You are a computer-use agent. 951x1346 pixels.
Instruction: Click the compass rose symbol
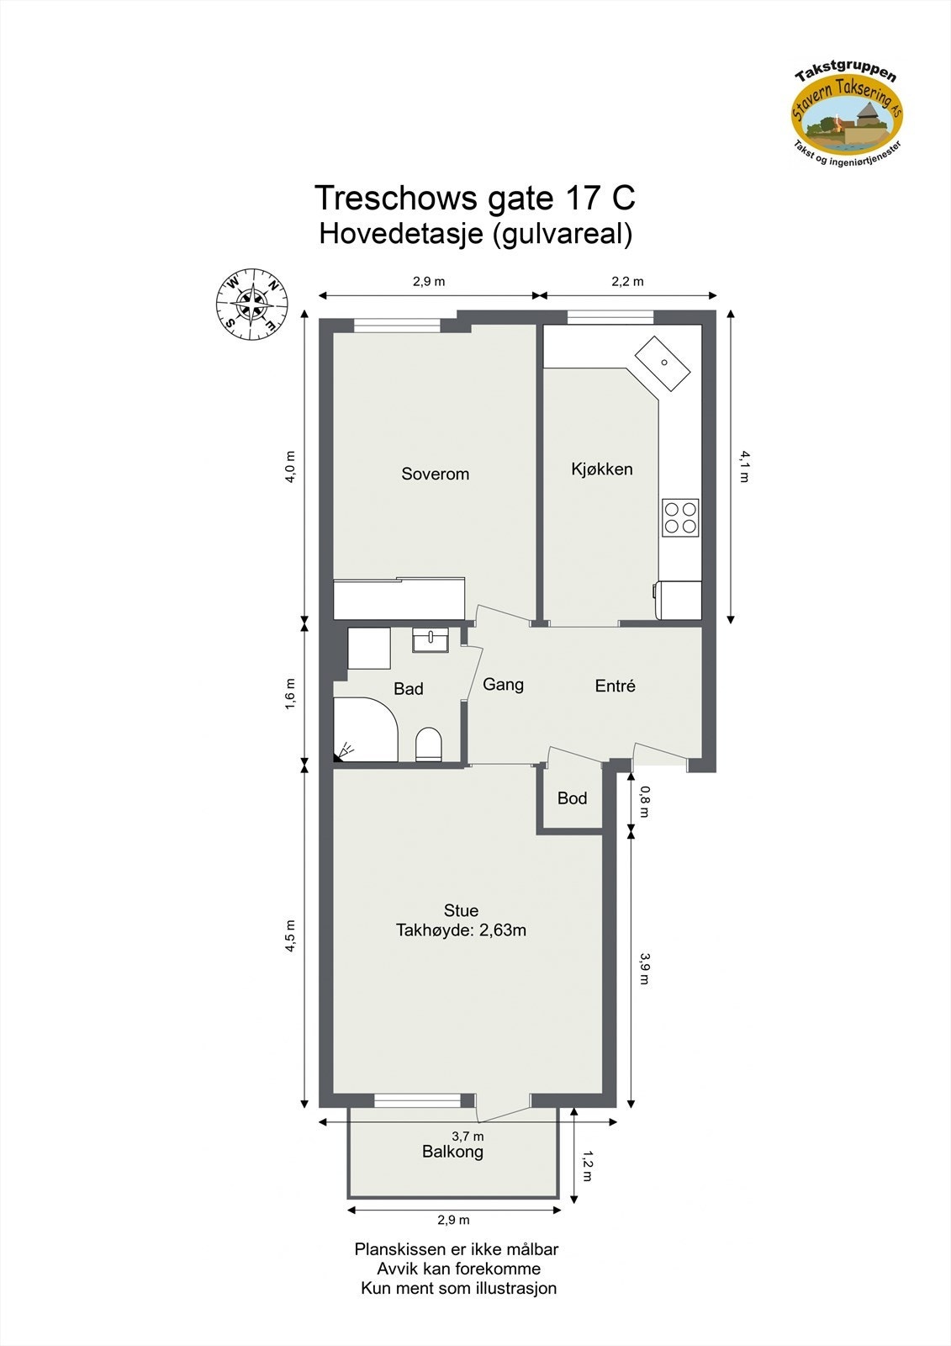click(251, 304)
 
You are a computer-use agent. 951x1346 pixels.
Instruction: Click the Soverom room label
click(435, 474)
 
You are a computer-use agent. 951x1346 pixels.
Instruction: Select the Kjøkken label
click(601, 469)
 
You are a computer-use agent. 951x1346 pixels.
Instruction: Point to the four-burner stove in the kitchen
click(680, 517)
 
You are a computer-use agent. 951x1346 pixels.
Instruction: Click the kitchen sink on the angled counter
click(663, 363)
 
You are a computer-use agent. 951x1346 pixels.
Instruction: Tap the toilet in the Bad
click(429, 745)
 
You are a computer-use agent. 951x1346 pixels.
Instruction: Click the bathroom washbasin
click(431, 640)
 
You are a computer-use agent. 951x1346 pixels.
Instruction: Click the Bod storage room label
click(572, 798)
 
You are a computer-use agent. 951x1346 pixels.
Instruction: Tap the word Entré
click(615, 686)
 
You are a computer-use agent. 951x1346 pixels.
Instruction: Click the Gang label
click(503, 685)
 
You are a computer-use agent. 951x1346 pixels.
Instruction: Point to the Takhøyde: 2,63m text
click(461, 930)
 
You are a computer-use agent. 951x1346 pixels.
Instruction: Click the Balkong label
click(452, 1152)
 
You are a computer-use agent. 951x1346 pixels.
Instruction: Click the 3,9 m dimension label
click(644, 967)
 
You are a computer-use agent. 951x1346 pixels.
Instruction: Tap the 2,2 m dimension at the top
click(627, 282)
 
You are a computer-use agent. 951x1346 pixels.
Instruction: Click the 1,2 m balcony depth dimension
click(586, 1165)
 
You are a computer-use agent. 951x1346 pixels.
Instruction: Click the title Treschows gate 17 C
click(475, 199)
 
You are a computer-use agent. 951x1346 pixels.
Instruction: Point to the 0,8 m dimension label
click(644, 802)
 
